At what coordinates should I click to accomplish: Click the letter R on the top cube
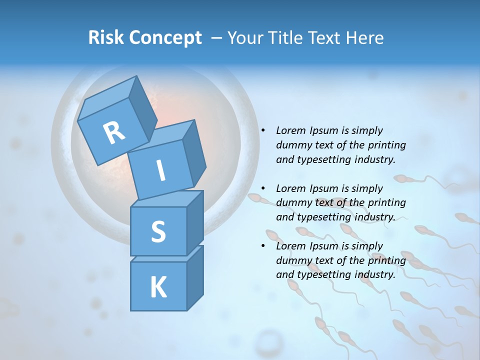(114, 132)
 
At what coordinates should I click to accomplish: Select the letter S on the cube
(158, 231)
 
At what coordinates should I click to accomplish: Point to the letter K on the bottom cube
(158, 287)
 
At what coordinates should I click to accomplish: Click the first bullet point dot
(262, 130)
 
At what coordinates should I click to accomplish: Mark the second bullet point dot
(262, 188)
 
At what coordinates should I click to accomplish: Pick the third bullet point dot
(262, 246)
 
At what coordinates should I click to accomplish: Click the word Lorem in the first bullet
(290, 130)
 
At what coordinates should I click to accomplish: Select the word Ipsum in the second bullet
(324, 188)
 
